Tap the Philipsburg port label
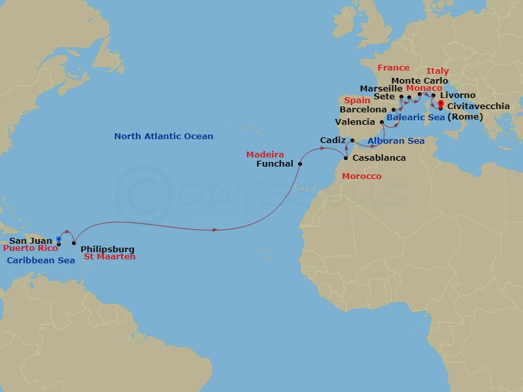(x=107, y=249)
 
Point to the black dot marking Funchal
(x=300, y=164)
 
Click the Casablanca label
(x=379, y=158)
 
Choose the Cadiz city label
(x=333, y=140)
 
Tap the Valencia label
(x=355, y=122)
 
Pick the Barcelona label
(x=363, y=110)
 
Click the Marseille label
(x=380, y=88)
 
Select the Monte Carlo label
(x=419, y=81)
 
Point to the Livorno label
(x=458, y=95)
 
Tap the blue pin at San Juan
(x=59, y=239)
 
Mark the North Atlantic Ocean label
(x=163, y=137)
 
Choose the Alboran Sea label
(x=396, y=141)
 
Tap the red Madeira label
(x=265, y=155)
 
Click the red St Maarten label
(x=110, y=257)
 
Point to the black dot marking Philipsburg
(x=74, y=243)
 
